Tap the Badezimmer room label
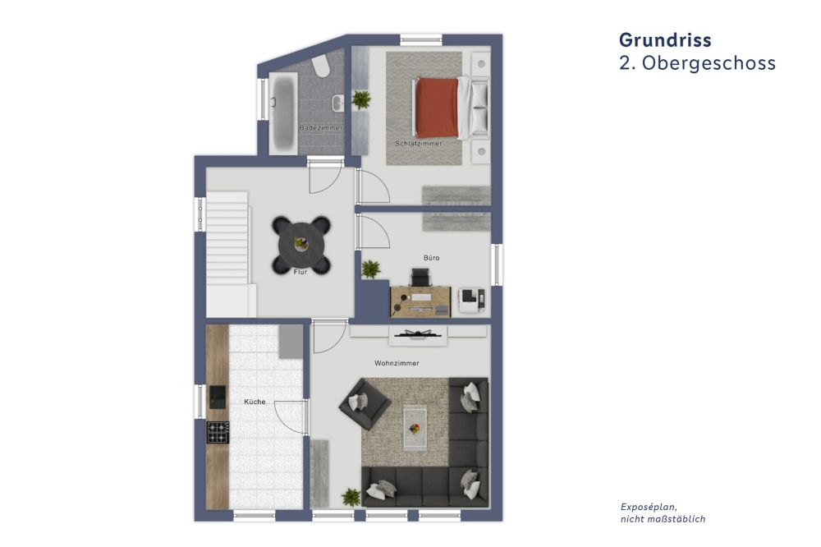320,129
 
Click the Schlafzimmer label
418,144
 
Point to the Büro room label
431,258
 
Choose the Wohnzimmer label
397,362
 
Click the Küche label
255,402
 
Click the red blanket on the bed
437,107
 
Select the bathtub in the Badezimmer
284,112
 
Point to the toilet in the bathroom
322,66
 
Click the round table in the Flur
300,243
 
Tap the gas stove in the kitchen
218,432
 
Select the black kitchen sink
218,398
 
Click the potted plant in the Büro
371,269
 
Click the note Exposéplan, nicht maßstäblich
662,513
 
